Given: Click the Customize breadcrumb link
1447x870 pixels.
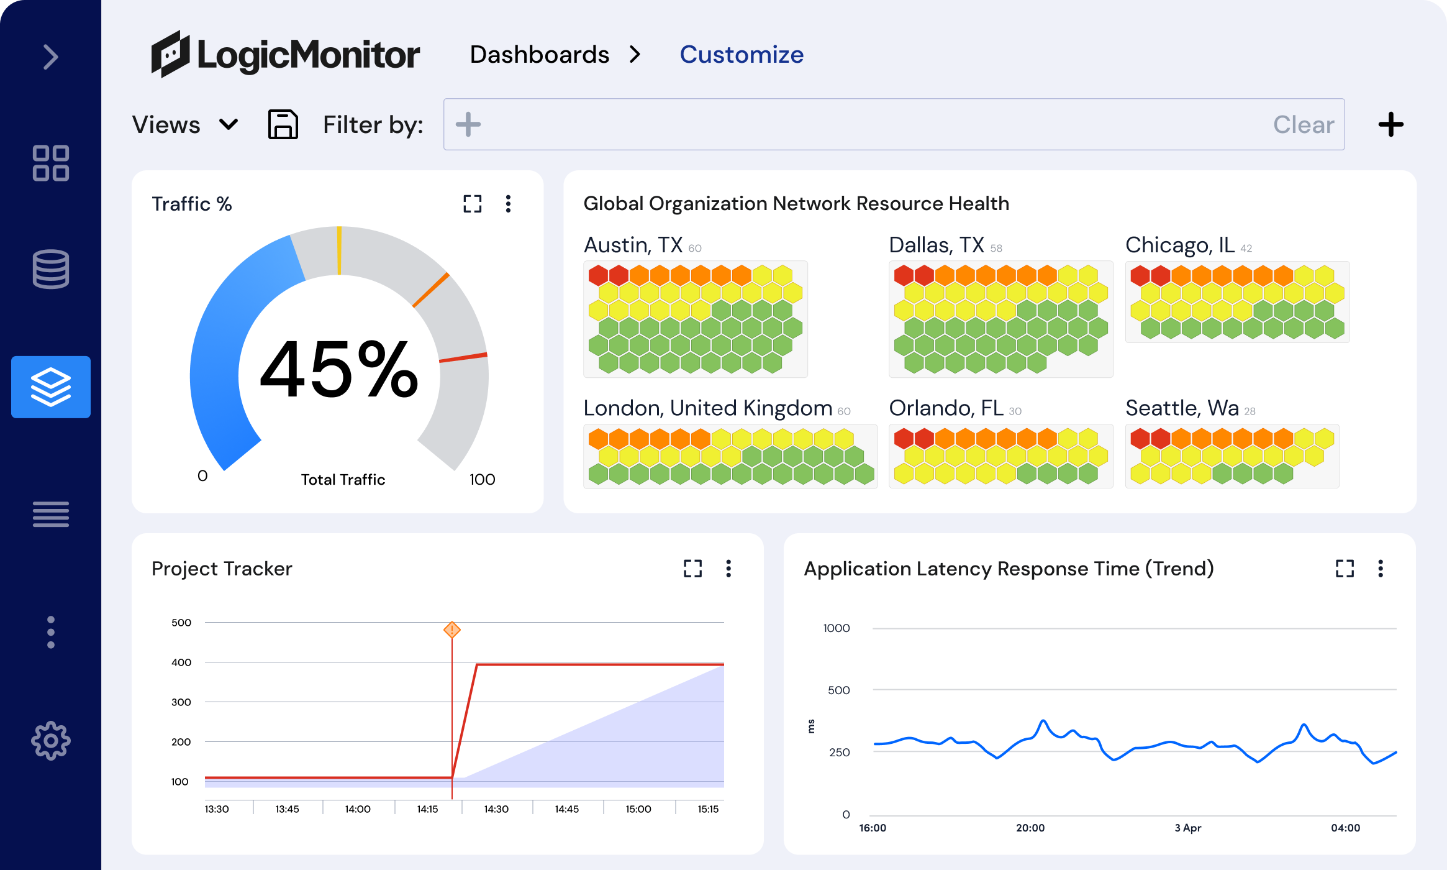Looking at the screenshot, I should tap(742, 55).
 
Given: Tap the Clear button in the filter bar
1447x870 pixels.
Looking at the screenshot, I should tap(1303, 125).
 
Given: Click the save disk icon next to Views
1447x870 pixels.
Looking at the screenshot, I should tap(283, 125).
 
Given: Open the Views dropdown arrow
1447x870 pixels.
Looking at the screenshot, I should tap(229, 125).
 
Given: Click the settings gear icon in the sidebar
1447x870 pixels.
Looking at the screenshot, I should tap(50, 740).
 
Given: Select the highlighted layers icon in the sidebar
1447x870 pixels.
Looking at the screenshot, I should tap(50, 387).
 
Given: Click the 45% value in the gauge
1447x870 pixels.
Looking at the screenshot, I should tap(338, 370).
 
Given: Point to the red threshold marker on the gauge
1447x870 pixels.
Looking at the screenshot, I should tap(463, 357).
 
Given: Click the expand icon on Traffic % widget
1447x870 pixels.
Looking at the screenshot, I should tap(472, 204).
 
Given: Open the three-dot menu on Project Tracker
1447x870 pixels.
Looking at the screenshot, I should tap(728, 569).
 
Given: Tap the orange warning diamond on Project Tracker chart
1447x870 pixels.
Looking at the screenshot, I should tap(452, 630).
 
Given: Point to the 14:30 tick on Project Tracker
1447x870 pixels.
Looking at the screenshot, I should tap(496, 809).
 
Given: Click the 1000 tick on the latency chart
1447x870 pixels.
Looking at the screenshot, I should tap(836, 628).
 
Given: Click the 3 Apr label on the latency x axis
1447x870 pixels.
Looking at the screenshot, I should tap(1187, 828).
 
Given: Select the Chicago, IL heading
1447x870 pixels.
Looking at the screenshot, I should tap(1180, 245).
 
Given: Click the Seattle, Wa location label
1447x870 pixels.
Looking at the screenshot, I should tap(1182, 408).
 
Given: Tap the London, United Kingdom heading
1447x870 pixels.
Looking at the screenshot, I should tap(707, 408).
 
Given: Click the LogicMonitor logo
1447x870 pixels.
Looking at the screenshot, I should tap(286, 55).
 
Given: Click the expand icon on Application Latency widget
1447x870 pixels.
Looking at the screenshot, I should tap(1345, 569).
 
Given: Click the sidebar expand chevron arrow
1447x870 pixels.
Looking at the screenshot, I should tap(50, 57).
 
